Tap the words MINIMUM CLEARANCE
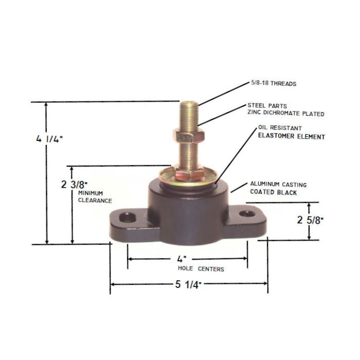coord(95,196)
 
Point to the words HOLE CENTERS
coord(200,268)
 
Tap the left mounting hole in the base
coord(125,218)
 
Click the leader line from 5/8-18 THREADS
coord(221,94)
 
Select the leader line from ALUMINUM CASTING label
coord(238,188)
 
